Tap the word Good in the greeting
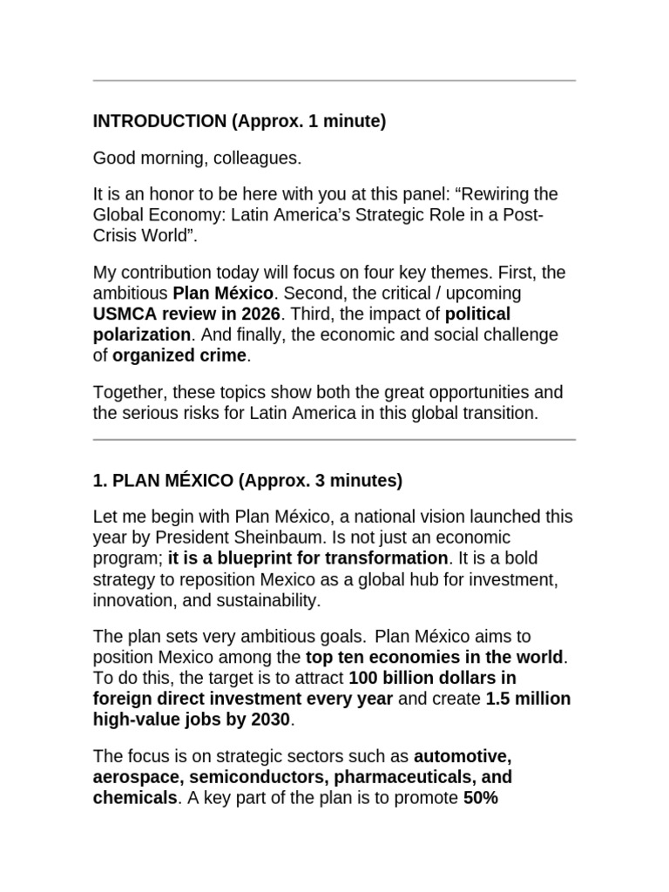click(112, 159)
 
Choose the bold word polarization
click(141, 335)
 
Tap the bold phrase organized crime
click(180, 355)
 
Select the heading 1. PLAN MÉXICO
click(163, 480)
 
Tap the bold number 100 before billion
click(363, 678)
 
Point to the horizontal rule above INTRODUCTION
click(334, 81)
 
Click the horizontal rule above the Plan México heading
click(334, 440)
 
